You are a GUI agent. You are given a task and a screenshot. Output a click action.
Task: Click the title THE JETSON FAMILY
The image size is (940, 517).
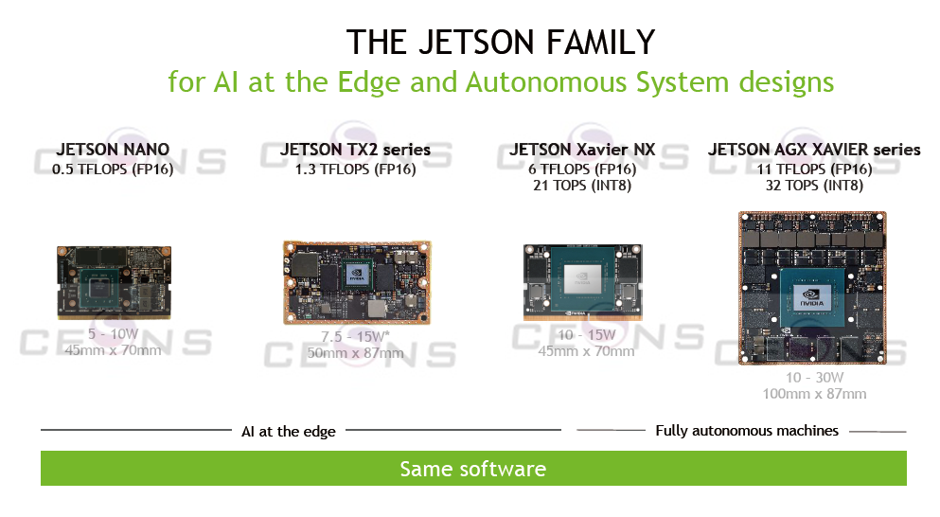point(501,43)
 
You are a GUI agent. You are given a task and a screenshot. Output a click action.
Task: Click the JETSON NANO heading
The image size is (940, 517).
point(113,150)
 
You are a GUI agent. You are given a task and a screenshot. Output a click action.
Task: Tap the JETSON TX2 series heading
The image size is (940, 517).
point(355,150)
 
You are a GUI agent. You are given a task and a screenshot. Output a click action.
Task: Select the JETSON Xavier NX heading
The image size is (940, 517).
point(582,150)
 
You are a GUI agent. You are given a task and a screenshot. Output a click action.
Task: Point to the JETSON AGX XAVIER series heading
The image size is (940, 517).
point(814,150)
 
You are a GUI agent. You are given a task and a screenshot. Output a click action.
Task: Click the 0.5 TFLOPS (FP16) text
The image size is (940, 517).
point(113,169)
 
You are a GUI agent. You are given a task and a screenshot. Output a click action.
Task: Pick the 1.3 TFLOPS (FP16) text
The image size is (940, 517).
point(355,169)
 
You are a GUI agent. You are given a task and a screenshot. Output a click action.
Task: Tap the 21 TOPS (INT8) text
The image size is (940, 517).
point(582,186)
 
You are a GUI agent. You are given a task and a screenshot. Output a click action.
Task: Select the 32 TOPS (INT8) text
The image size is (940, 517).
point(814,186)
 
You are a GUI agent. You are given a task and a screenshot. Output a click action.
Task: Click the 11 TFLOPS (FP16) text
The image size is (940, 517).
point(814,169)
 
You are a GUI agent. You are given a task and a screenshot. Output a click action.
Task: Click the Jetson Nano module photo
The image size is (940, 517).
point(113,282)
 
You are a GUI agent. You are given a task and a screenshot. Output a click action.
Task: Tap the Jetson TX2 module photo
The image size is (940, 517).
point(356,283)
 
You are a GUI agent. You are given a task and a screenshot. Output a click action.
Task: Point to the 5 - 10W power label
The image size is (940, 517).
point(113,334)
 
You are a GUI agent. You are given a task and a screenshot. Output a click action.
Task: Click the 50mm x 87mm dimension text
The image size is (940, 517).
point(355,353)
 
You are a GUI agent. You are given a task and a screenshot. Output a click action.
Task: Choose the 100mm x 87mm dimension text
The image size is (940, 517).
point(814,394)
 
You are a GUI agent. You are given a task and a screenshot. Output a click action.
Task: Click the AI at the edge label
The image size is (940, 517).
point(288,432)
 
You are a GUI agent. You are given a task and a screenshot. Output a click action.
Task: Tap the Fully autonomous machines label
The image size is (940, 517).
point(747,431)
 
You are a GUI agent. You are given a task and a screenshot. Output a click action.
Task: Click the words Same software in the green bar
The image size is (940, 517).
point(472,469)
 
